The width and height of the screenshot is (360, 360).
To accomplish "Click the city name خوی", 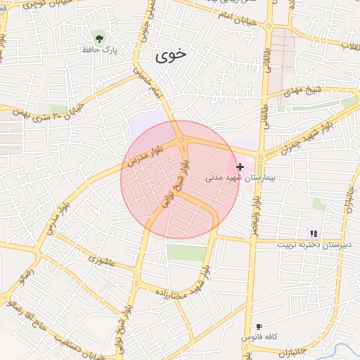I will coord(169,56).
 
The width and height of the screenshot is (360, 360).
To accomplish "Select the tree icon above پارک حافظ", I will coord(98,37).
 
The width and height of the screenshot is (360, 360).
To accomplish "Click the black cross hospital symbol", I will coord(240,167).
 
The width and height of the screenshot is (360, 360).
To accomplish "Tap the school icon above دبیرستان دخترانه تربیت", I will coord(314,233).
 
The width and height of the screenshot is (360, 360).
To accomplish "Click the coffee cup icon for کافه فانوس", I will coord(259,327).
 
